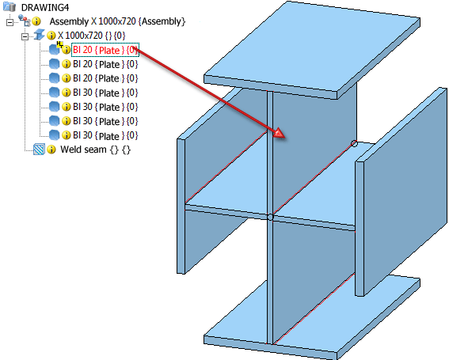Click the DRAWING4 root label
[45, 7]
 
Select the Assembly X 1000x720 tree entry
[117, 21]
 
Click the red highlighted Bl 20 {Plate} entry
[105, 50]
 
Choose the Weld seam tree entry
[95, 150]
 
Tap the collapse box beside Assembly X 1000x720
[10, 22]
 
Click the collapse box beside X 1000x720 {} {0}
[25, 36]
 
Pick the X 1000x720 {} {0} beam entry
[92, 36]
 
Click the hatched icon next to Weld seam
[39, 149]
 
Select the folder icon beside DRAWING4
[10, 6]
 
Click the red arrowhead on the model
[279, 134]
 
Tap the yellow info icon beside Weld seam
[51, 150]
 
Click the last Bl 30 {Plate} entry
[105, 135]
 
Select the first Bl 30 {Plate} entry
[105, 93]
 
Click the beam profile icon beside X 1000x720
[39, 35]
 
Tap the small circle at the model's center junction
[270, 218]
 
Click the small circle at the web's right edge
[354, 143]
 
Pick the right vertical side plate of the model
[401, 191]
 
